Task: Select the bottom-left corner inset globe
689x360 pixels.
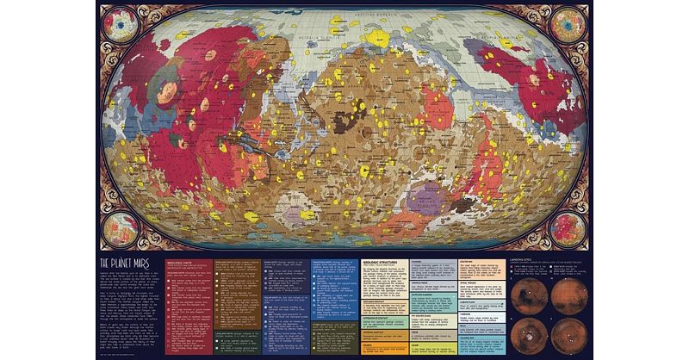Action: click(x=122, y=228)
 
